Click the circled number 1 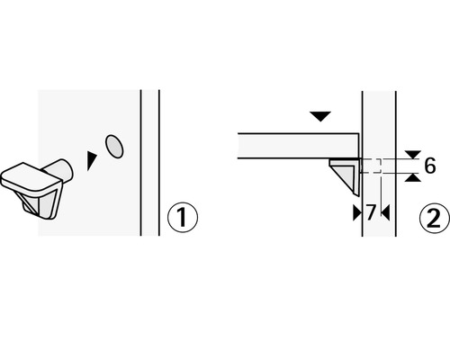click(183, 217)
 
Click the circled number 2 click(434, 218)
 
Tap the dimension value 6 click(429, 166)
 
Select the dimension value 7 click(371, 212)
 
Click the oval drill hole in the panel click(114, 146)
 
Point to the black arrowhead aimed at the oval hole click(91, 161)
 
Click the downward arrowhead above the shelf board click(320, 116)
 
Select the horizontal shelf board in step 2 click(298, 146)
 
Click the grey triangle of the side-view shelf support click(345, 175)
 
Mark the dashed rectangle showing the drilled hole click(371, 166)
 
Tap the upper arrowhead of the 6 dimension click(413, 155)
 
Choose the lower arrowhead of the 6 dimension click(413, 177)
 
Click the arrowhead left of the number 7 click(357, 213)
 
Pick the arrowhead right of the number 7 click(385, 213)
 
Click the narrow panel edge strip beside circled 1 click(150, 163)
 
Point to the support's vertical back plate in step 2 click(357, 177)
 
